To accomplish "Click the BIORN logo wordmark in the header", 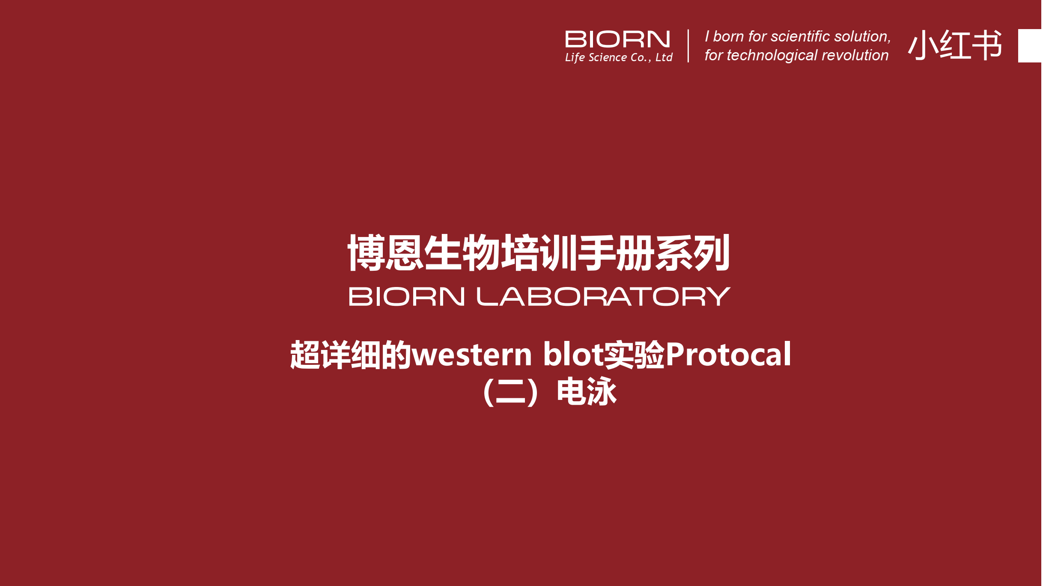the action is click(617, 39).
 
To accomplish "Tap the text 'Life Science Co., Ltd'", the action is click(619, 57).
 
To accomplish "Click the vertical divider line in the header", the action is click(688, 46).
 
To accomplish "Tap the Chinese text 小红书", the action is click(955, 45).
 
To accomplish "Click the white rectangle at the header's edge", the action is click(1031, 46).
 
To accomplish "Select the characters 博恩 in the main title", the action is click(385, 252).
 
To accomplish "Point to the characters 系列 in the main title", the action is click(692, 252).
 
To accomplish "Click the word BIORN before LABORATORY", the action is click(407, 296).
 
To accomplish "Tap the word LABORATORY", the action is click(604, 296).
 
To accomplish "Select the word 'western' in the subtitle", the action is click(472, 355).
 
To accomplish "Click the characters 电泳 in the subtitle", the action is click(587, 391).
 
